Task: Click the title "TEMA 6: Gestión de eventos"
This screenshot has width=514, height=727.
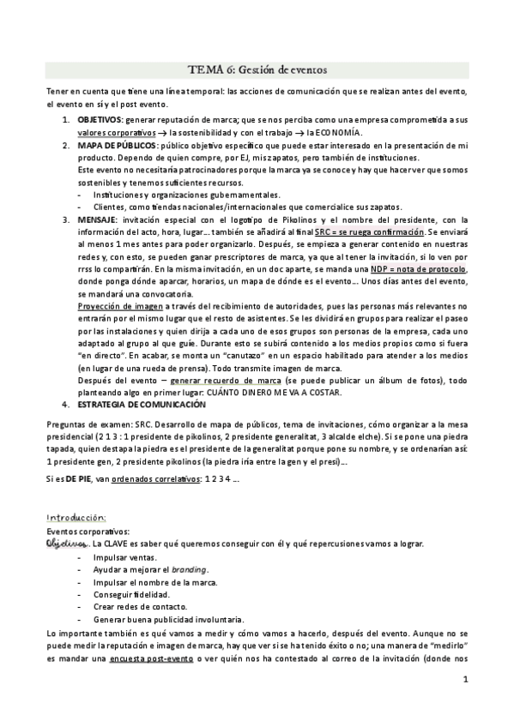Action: (x=257, y=69)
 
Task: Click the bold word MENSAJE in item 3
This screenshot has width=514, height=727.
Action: (x=97, y=219)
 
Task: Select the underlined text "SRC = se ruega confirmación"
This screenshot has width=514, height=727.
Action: (x=369, y=232)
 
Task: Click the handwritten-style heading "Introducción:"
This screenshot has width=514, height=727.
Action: (x=76, y=518)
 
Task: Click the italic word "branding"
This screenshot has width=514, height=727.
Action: (x=189, y=570)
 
